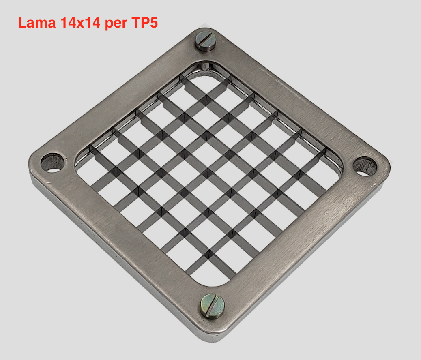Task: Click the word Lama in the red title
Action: tap(37, 23)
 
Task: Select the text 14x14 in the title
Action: tap(80, 23)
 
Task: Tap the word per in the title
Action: tap(116, 24)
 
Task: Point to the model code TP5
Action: tap(144, 23)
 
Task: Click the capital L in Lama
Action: tap(22, 23)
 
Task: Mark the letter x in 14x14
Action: tap(80, 24)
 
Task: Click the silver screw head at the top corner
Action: tap(206, 41)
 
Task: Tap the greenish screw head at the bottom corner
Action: tap(212, 306)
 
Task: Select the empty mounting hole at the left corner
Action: tap(53, 163)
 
